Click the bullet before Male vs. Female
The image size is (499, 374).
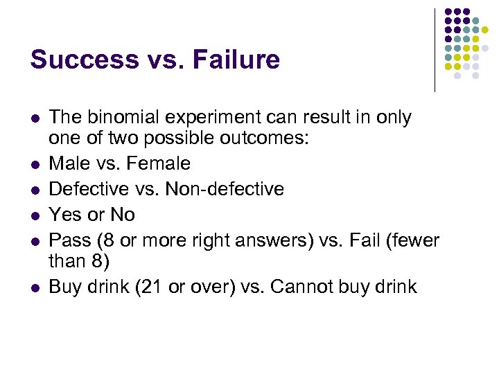(x=35, y=163)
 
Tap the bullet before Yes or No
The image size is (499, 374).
(x=35, y=215)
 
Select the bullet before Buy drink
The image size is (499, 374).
(x=35, y=287)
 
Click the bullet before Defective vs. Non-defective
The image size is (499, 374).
(x=35, y=189)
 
